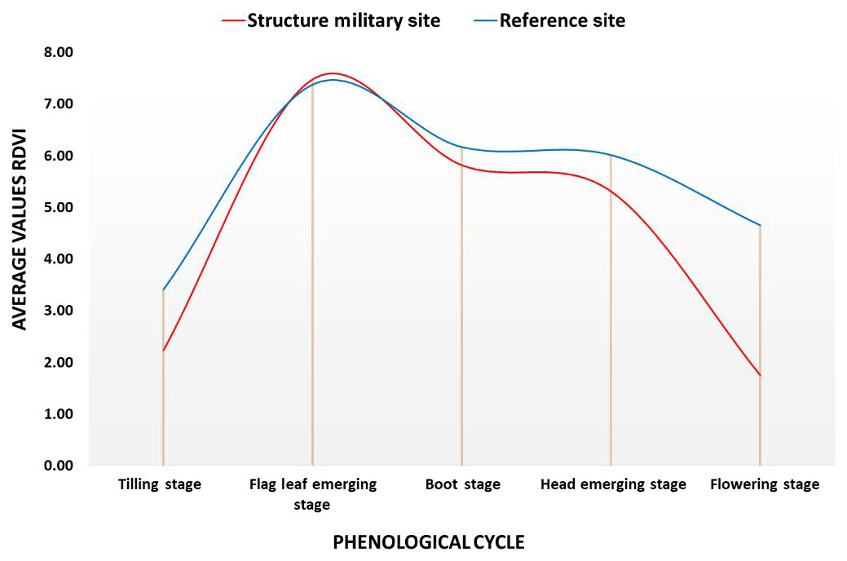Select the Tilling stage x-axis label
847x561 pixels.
160,484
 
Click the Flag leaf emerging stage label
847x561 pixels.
312,494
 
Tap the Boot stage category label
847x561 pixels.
462,484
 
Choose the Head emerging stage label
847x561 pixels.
613,484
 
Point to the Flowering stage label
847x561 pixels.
764,484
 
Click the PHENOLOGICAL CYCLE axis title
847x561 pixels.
428,541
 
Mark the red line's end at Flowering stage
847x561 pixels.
761,376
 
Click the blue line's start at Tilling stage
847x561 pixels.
164,289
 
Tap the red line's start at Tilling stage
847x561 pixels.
164,351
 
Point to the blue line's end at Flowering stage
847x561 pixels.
761,226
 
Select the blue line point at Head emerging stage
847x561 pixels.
611,155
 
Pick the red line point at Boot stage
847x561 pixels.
462,165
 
